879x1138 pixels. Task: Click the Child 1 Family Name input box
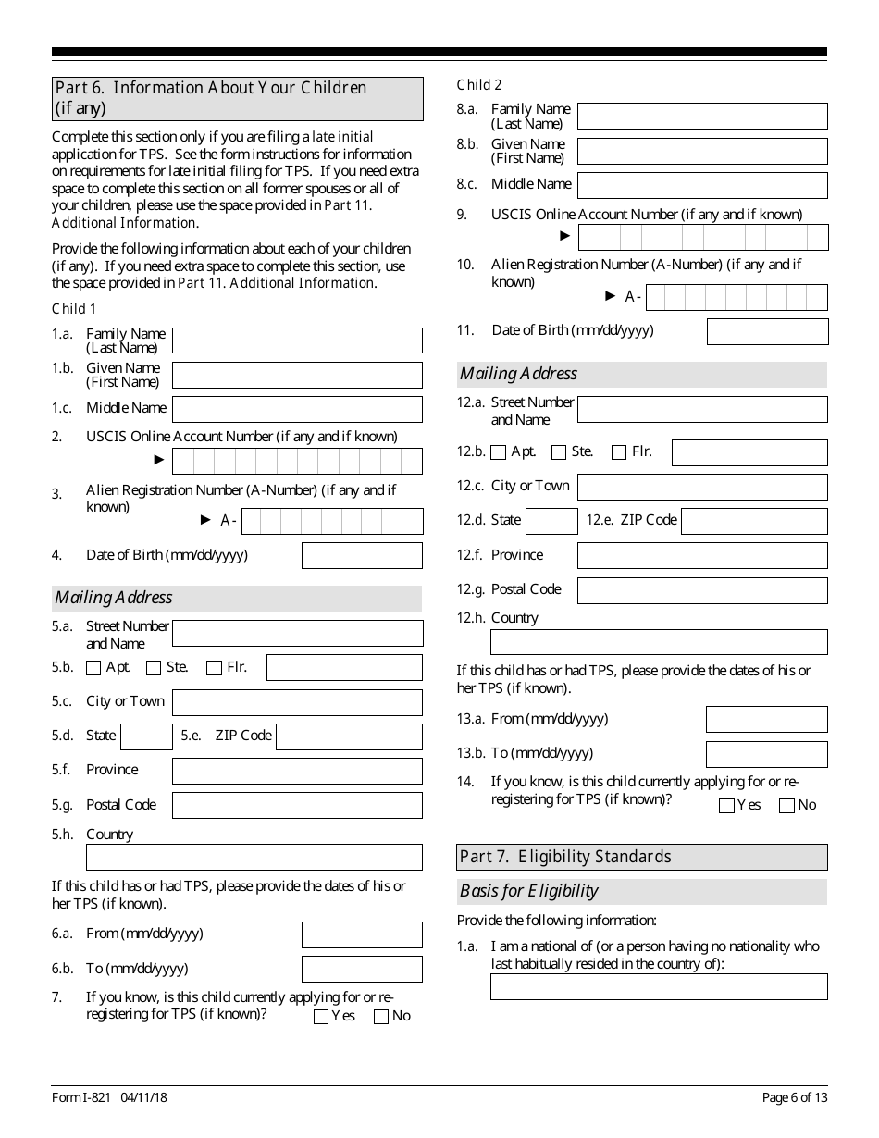pyautogui.click(x=297, y=340)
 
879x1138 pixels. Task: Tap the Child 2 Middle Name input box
pyautogui.click(x=702, y=185)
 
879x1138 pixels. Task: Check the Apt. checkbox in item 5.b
pyautogui.click(x=93, y=668)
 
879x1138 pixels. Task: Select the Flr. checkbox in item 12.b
pyautogui.click(x=619, y=452)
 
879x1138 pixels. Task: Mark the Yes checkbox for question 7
pyautogui.click(x=321, y=1017)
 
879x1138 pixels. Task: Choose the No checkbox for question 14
pyautogui.click(x=786, y=806)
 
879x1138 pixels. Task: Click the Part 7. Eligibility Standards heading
pyautogui.click(x=642, y=857)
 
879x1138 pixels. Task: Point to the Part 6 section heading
pyautogui.click(x=238, y=99)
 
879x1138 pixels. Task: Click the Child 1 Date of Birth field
pyautogui.click(x=362, y=555)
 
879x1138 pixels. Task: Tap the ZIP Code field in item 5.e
pyautogui.click(x=349, y=736)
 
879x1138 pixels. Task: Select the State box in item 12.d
pyautogui.click(x=551, y=521)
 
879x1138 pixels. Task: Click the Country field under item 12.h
pyautogui.click(x=659, y=642)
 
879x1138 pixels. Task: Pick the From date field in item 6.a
pyautogui.click(x=362, y=934)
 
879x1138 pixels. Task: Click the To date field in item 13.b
pyautogui.click(x=766, y=754)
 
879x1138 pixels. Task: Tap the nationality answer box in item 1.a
pyautogui.click(x=659, y=986)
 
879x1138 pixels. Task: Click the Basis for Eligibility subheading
pyautogui.click(x=529, y=892)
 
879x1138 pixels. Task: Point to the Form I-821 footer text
pyautogui.click(x=109, y=1097)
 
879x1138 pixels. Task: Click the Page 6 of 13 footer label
pyautogui.click(x=794, y=1097)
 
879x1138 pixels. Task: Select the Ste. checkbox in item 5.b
pyautogui.click(x=154, y=668)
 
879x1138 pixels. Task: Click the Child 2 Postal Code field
pyautogui.click(x=702, y=590)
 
